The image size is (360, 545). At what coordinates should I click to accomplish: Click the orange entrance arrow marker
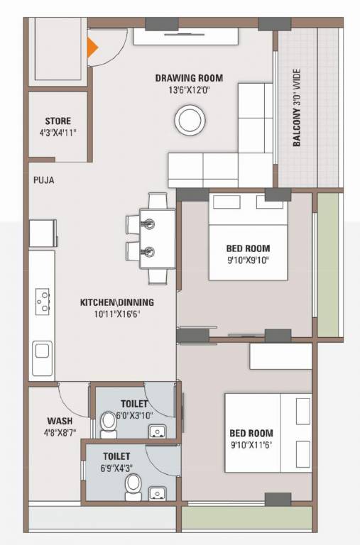92,47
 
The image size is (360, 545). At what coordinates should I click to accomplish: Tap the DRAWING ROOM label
190,78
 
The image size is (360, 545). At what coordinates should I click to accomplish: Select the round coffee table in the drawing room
191,119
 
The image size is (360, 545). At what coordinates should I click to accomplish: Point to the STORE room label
58,121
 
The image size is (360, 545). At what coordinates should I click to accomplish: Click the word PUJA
43,180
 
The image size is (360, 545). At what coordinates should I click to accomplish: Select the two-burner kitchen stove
43,300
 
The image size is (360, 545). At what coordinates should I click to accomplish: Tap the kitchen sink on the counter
42,351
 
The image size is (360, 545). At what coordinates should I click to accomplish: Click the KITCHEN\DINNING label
116,302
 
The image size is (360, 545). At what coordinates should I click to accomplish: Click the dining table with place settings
153,238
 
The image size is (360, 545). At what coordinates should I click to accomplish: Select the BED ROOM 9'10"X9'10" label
248,254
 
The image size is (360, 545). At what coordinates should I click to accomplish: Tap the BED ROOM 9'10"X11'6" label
251,439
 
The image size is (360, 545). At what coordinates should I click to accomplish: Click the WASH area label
59,421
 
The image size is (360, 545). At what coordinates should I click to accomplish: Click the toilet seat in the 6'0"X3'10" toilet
109,424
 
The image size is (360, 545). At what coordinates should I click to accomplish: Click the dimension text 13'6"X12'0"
190,90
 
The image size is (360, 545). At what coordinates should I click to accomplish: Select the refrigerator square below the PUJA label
42,233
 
